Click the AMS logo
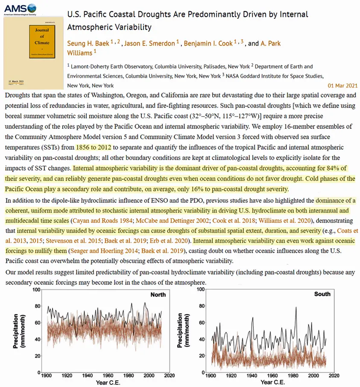click(19, 9)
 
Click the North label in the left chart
click(158, 294)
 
